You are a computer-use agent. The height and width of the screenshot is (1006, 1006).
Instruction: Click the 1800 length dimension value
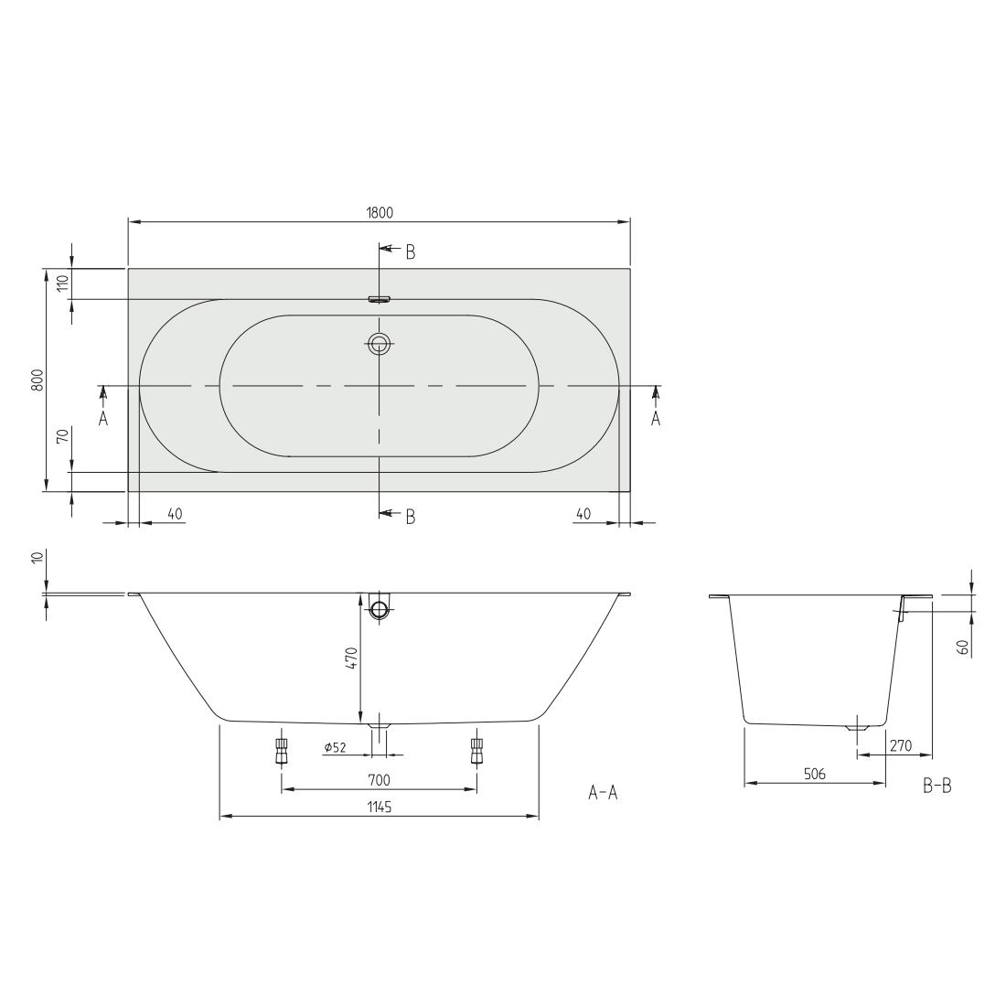pyautogui.click(x=380, y=212)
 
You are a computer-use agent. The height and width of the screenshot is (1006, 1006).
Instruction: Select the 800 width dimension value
pyautogui.click(x=37, y=380)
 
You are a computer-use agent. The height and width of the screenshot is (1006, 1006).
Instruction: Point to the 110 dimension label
pyautogui.click(x=62, y=283)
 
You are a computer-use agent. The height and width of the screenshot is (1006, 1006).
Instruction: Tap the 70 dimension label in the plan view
pyautogui.click(x=62, y=436)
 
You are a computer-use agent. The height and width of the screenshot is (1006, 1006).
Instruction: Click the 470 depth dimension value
pyautogui.click(x=351, y=658)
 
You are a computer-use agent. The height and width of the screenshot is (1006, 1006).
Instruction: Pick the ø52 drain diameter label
pyautogui.click(x=336, y=747)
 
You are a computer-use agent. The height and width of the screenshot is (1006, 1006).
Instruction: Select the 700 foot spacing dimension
pyautogui.click(x=380, y=780)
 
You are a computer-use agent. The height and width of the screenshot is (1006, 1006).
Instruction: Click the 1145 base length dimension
pyautogui.click(x=380, y=808)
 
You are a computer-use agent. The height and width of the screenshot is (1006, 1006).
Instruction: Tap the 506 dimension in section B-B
pyautogui.click(x=814, y=775)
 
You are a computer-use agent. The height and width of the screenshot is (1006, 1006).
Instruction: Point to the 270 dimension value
pyautogui.click(x=901, y=745)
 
